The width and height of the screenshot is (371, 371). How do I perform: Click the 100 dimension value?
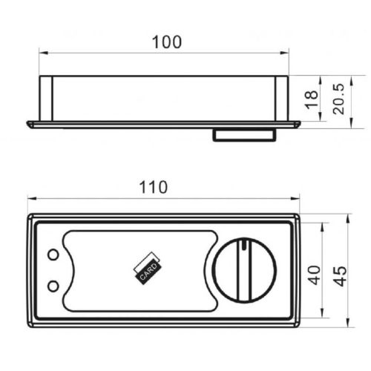coord(166,42)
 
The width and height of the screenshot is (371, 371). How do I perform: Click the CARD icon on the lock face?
coord(145,269)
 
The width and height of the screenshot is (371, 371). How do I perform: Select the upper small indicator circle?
coord(52,255)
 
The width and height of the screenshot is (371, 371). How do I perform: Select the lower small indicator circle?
coord(52,285)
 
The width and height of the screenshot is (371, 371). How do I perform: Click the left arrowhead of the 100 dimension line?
coord(42,53)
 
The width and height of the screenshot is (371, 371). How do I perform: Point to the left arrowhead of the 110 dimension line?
coord(31,198)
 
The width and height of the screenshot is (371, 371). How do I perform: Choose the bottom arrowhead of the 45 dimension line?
coord(348,324)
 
